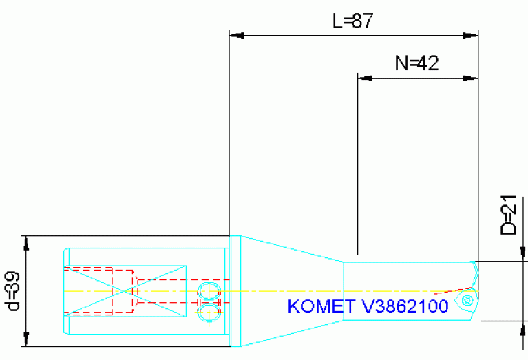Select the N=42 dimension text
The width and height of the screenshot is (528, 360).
tap(416, 64)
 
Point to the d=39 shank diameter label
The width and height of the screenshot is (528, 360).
tap(12, 292)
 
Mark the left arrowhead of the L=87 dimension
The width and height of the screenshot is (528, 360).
tap(236, 34)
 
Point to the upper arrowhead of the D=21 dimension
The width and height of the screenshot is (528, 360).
tap(520, 255)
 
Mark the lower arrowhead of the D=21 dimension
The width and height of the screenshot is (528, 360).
tap(520, 327)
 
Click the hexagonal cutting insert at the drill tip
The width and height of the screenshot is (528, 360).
tap(468, 301)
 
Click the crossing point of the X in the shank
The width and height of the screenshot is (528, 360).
tap(125, 291)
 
